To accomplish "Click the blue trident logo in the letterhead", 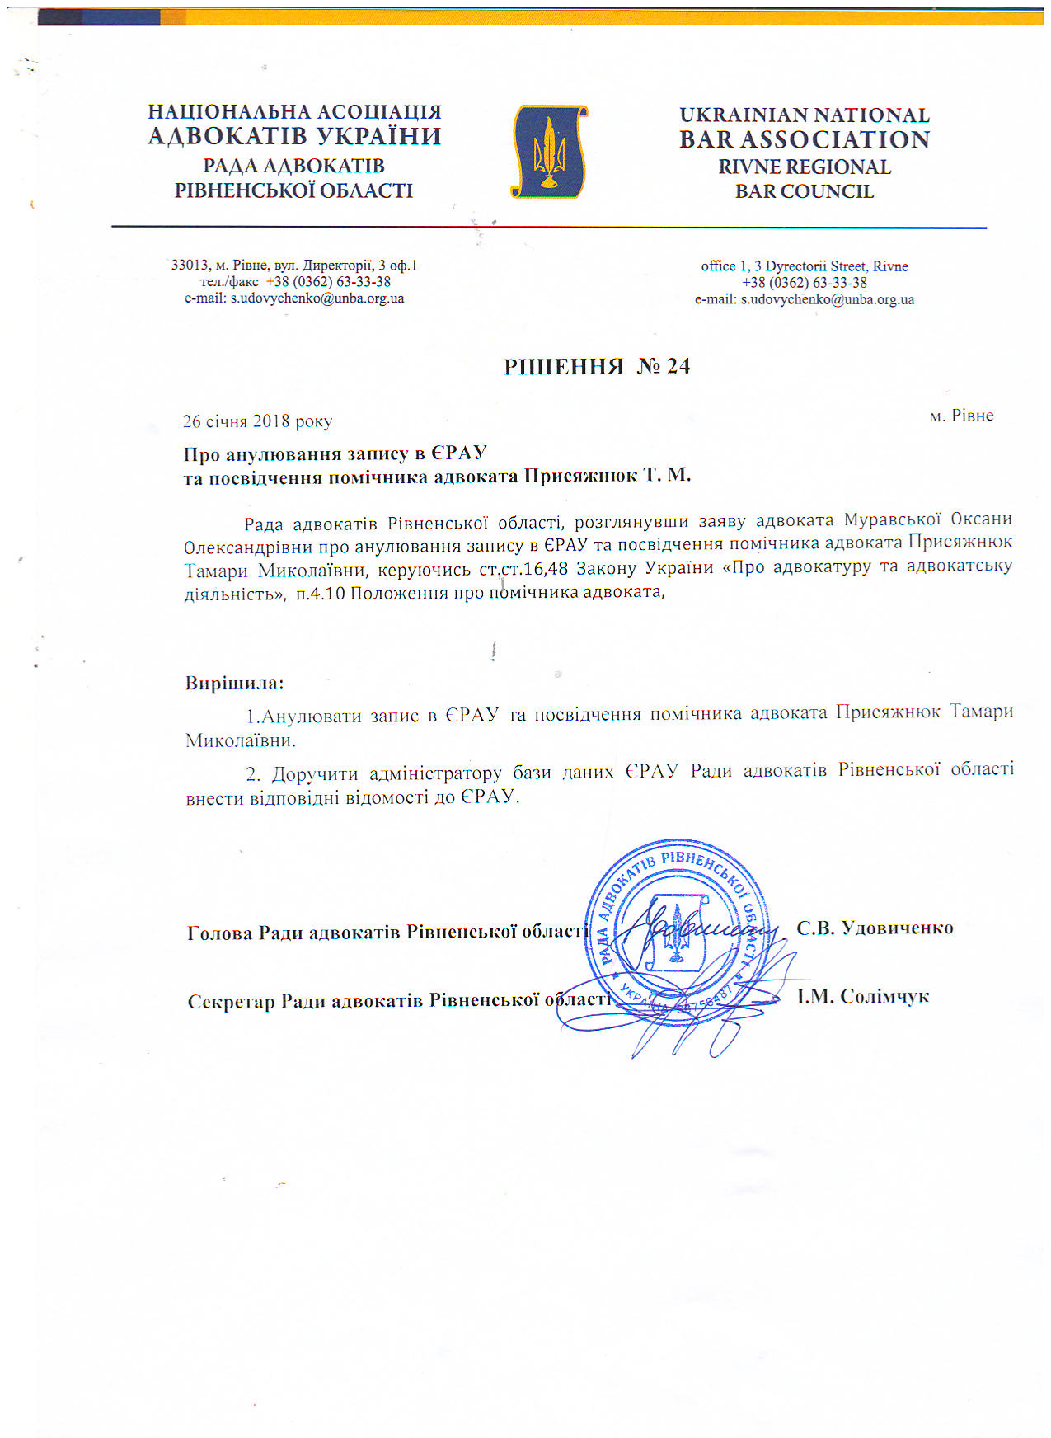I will click(x=550, y=151).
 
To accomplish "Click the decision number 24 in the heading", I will click(x=678, y=366).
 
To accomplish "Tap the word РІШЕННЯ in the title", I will click(x=563, y=366).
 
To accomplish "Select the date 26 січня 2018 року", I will click(x=257, y=421).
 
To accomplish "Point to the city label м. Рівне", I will click(x=961, y=416).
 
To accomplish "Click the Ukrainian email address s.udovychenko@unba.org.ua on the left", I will click(x=317, y=298).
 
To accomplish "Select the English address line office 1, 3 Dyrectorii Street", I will click(x=804, y=266).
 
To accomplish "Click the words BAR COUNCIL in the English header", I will click(x=804, y=191).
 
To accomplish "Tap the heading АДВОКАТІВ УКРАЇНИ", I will click(x=294, y=136).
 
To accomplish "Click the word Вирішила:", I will click(x=235, y=684).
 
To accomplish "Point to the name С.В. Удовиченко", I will click(x=875, y=928).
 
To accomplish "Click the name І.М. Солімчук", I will click(x=862, y=996).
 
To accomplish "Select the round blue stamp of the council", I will click(x=678, y=930).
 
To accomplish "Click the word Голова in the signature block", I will click(x=220, y=933).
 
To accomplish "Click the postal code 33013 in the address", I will click(x=190, y=266).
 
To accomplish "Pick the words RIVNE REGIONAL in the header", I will click(x=804, y=167).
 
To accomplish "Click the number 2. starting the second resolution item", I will click(x=253, y=774).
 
